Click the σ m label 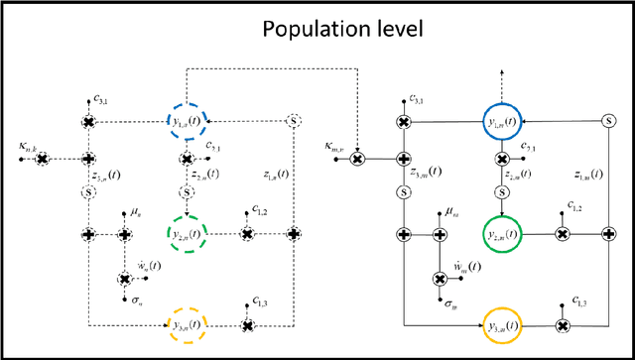coord(449,304)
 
